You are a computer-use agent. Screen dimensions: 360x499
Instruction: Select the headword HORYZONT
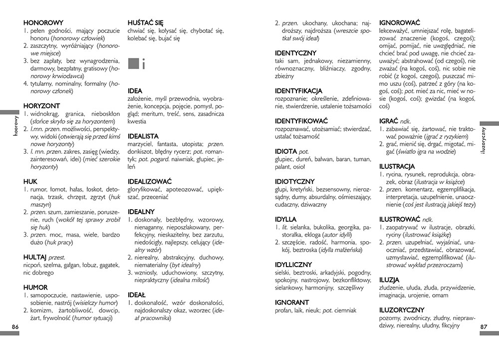(41, 106)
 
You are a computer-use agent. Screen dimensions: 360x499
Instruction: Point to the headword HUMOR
(35, 288)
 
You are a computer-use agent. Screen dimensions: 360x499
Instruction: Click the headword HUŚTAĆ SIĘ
(146, 22)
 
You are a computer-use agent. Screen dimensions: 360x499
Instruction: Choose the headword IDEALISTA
(143, 136)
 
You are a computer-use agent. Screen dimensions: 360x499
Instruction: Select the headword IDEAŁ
(137, 295)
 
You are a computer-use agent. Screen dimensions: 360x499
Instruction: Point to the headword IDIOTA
(287, 151)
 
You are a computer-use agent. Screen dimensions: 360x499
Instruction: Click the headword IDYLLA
(286, 219)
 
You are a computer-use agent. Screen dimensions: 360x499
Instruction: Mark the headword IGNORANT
(292, 303)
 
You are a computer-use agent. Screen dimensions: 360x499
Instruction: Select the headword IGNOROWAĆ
(400, 22)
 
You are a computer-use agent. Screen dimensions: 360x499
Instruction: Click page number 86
(15, 327)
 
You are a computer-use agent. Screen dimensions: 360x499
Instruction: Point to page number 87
(483, 327)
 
